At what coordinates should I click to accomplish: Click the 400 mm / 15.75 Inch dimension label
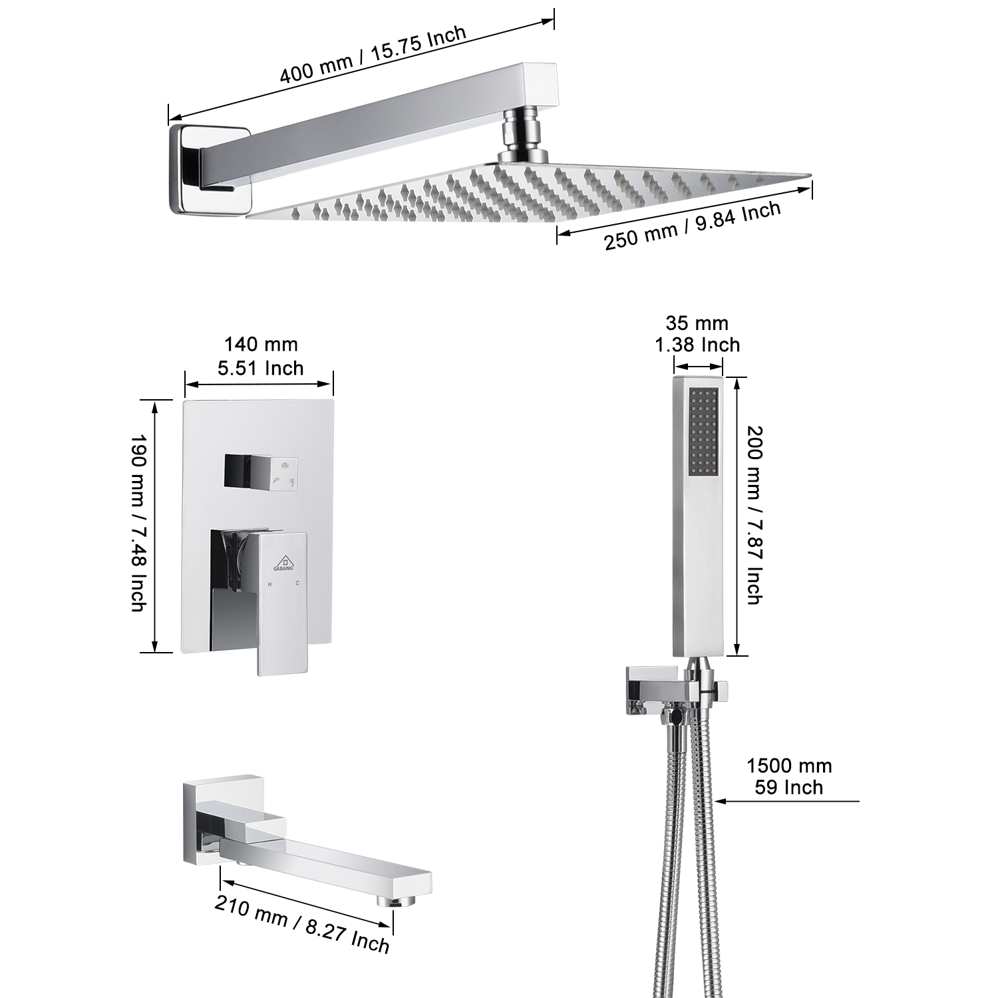coord(373,55)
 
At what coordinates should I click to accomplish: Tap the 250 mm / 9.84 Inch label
coord(692,226)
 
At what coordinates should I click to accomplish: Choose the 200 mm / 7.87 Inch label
coord(753,515)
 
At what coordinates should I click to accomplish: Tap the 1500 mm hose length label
coord(788,776)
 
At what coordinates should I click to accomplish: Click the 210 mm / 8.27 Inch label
coord(301,923)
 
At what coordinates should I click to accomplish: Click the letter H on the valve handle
coord(270,583)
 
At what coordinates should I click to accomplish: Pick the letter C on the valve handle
coord(297,583)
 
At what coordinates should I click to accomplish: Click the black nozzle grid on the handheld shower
coord(703,432)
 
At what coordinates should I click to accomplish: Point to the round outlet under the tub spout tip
coord(392,902)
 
